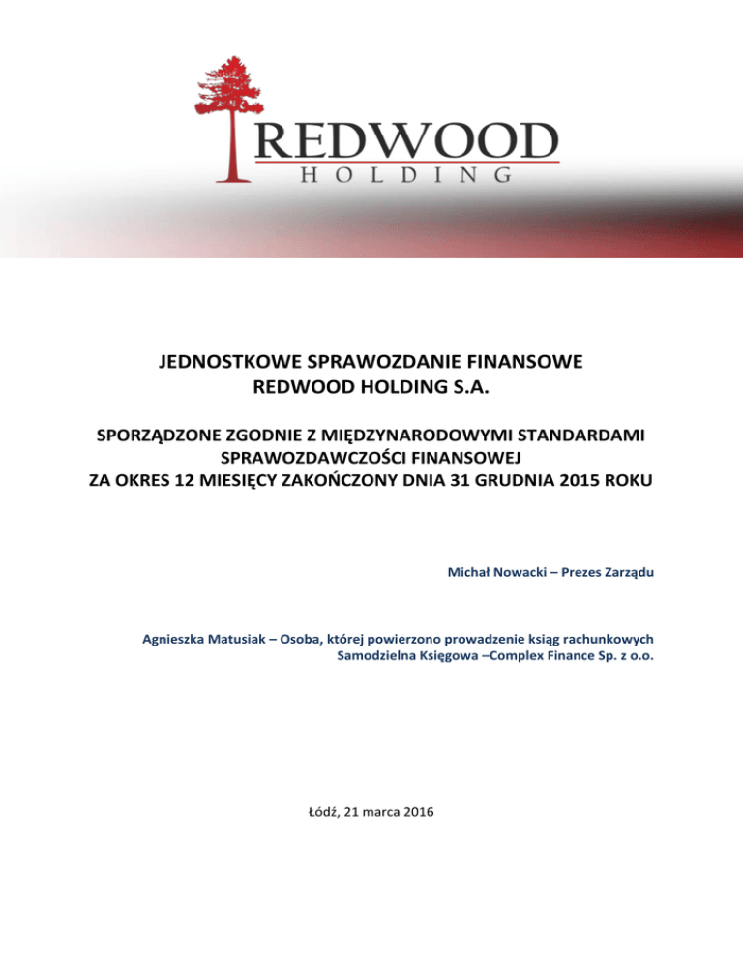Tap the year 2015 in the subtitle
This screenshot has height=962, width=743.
(x=566, y=479)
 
